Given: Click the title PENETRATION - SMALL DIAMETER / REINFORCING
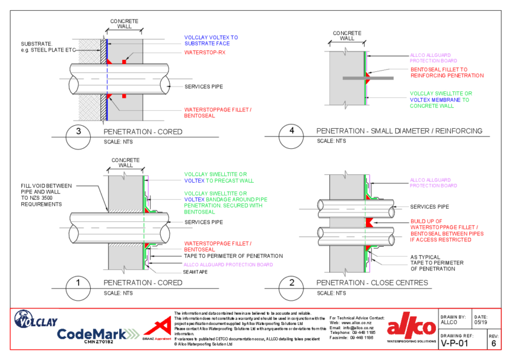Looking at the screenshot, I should (x=400, y=131).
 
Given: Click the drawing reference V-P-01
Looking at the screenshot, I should (x=454, y=344).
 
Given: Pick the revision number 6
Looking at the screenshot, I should (x=493, y=344).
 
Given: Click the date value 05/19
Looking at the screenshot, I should (x=481, y=323).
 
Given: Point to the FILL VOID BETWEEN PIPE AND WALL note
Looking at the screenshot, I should (x=46, y=195).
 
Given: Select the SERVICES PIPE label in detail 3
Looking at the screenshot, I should (x=204, y=87).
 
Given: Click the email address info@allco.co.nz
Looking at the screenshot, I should (x=362, y=327).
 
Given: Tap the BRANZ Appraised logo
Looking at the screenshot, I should (x=157, y=330).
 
